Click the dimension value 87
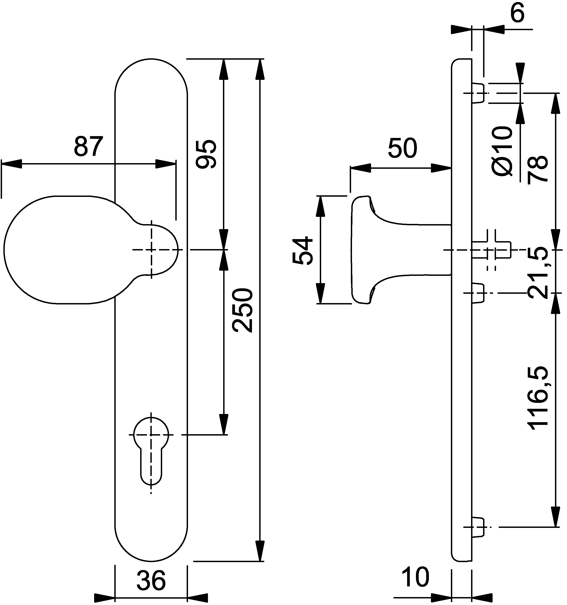87,147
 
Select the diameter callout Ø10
502,151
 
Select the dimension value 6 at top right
517,14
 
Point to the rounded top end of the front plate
151,73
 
